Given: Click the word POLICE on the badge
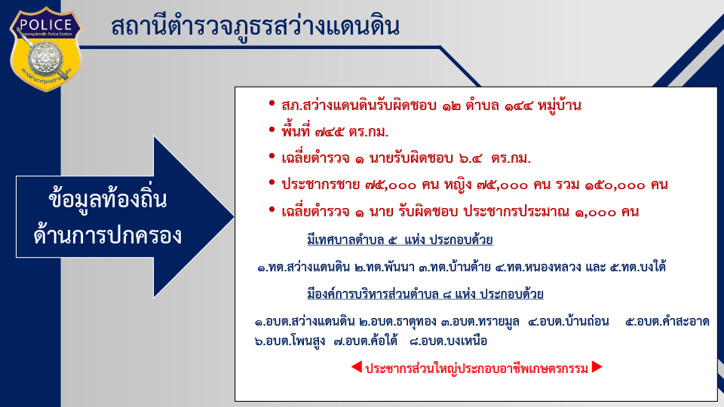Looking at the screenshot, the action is tap(46, 24).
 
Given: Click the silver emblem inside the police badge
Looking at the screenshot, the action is tap(45, 59).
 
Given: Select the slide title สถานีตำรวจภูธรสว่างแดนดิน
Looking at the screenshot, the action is tap(255, 26).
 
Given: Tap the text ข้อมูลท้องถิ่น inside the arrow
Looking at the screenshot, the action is tap(107, 200).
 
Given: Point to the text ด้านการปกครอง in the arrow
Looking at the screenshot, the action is tap(108, 235).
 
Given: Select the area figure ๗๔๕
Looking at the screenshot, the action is tap(330, 133).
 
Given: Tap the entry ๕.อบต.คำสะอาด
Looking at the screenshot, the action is tap(667, 321).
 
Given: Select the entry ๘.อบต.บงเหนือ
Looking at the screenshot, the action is tap(448, 341).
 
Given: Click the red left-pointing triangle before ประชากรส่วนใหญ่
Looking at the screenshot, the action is tap(356, 367).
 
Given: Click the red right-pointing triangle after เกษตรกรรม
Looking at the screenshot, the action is tap(597, 367).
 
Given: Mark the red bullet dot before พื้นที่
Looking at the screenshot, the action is tap(272, 130).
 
